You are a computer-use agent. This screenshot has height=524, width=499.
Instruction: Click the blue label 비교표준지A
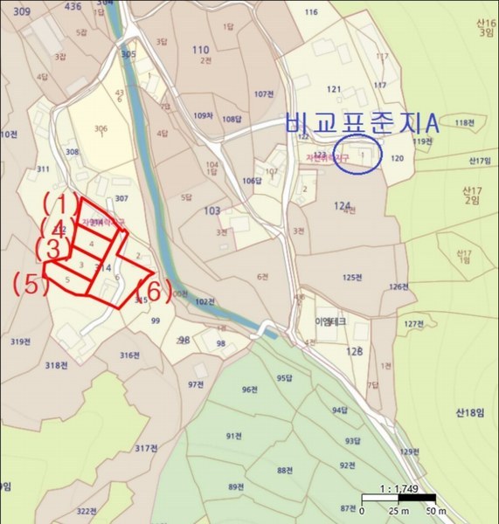click(361, 124)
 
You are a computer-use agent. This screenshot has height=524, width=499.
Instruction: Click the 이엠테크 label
click(331, 321)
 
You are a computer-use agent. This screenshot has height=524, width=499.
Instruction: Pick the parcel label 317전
click(146, 448)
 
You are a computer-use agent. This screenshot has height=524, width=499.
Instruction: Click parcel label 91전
click(233, 436)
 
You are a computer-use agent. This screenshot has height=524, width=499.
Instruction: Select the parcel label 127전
click(413, 324)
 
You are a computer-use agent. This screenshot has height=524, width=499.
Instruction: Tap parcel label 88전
click(284, 470)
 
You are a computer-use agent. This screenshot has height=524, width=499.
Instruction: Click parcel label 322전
click(85, 511)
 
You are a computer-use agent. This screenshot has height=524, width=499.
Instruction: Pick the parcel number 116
click(310, 12)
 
